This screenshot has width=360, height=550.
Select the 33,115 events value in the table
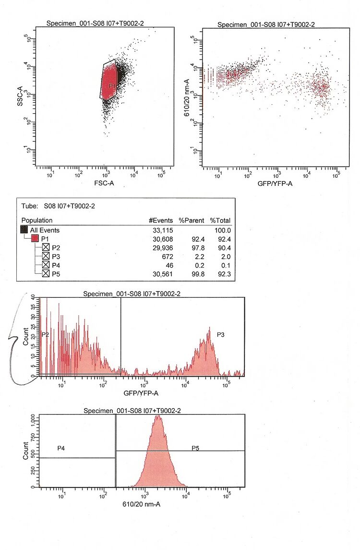tap(162, 230)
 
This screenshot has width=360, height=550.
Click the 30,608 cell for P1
tap(162, 239)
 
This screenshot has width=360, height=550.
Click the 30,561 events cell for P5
tap(162, 274)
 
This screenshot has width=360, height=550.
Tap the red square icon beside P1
tap(35, 239)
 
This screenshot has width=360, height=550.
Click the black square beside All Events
tap(24, 230)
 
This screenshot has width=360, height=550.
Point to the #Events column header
tap(161, 220)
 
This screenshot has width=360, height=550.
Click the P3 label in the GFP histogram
tap(221, 334)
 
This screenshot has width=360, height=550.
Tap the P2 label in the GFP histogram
tap(46, 334)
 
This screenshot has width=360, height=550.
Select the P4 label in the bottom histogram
tap(61, 448)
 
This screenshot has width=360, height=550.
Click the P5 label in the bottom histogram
tap(195, 448)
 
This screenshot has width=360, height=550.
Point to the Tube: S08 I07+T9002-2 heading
tap(58, 206)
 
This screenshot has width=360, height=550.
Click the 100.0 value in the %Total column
tap(221, 230)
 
